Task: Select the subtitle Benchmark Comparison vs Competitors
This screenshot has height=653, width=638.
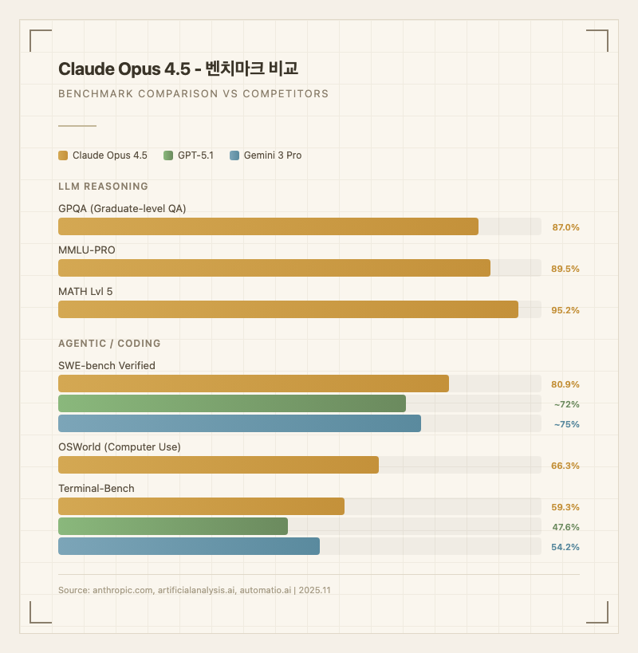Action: [193, 93]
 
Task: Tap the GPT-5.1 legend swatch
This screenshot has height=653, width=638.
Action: [167, 155]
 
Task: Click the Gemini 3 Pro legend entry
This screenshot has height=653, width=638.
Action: [265, 155]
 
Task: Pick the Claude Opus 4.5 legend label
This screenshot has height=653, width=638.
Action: [109, 155]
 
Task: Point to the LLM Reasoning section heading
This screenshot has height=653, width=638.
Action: [103, 187]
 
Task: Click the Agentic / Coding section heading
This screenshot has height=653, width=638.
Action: [109, 344]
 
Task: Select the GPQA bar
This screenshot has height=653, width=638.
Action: [268, 226]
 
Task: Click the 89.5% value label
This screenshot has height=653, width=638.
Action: [565, 269]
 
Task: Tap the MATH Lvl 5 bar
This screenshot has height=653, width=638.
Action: [288, 309]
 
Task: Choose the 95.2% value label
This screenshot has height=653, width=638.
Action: [565, 310]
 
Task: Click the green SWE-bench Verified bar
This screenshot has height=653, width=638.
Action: [232, 403]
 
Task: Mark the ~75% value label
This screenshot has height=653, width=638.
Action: [566, 424]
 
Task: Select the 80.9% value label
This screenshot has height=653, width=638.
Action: [565, 384]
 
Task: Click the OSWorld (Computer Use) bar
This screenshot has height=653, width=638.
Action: [219, 465]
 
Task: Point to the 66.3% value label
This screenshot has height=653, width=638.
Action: [565, 466]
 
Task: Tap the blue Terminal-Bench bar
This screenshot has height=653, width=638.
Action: [189, 546]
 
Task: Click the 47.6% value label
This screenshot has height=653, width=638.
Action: [565, 527]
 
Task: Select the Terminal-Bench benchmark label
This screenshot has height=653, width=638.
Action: [96, 488]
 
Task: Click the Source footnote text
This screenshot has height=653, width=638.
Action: [195, 590]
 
